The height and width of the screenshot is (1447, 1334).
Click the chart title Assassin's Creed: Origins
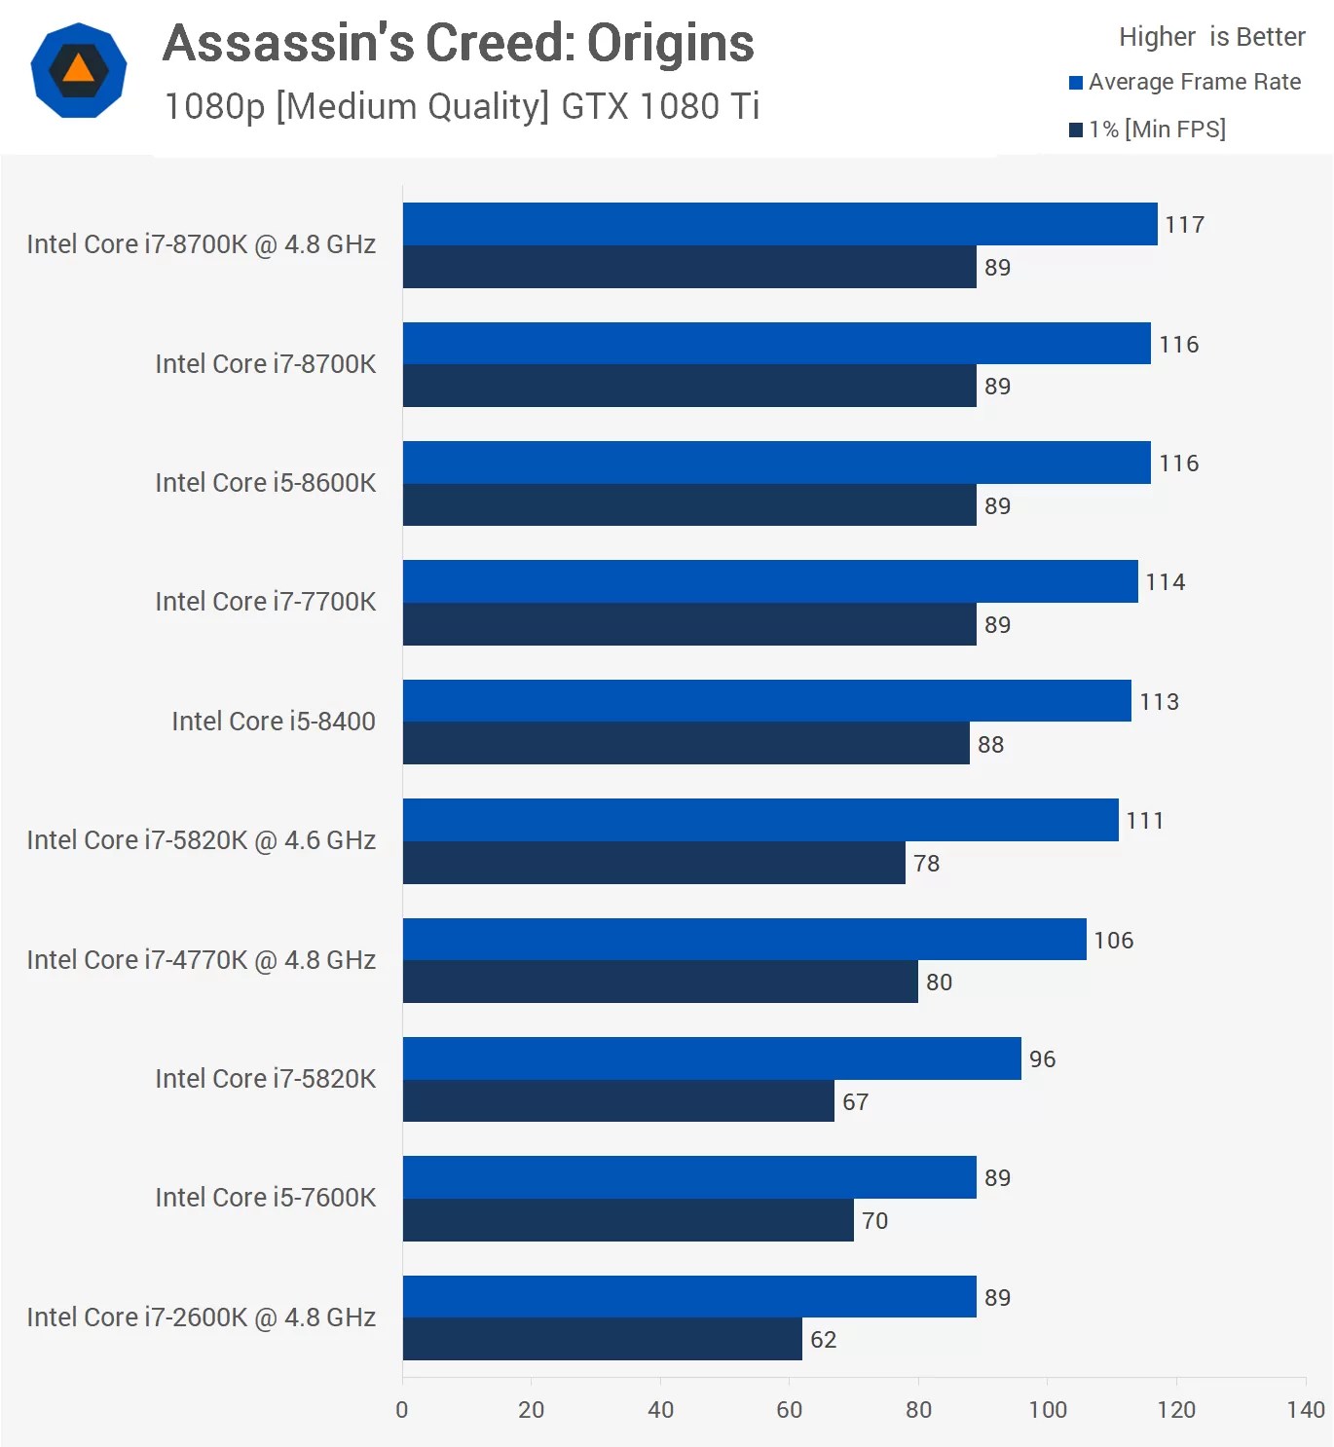(x=458, y=44)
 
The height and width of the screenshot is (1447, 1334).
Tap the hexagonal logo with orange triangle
(x=79, y=70)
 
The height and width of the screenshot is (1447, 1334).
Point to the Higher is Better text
(x=1211, y=37)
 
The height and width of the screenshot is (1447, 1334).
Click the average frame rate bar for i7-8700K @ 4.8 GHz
(x=779, y=224)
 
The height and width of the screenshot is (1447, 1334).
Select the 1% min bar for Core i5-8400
(x=686, y=743)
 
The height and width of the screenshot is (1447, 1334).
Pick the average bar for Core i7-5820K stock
(x=711, y=1058)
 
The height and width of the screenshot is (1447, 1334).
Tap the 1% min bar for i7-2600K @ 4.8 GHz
(x=602, y=1339)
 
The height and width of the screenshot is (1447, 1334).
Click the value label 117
(x=1184, y=225)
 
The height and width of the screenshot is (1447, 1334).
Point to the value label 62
(x=823, y=1340)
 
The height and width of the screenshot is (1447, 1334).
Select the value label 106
(x=1113, y=941)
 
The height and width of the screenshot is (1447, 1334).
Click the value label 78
(x=926, y=864)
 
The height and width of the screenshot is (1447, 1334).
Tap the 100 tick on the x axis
(x=1048, y=1410)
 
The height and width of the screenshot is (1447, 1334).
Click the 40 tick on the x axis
(x=660, y=1410)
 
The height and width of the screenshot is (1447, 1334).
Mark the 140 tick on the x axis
(x=1305, y=1410)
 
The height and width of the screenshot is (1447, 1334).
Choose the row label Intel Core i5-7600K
(x=265, y=1198)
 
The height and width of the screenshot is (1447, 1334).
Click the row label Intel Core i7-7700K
(x=265, y=602)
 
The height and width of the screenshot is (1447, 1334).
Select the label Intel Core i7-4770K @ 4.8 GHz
(x=201, y=960)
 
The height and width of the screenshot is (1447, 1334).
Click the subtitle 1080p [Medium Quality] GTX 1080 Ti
(x=462, y=106)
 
